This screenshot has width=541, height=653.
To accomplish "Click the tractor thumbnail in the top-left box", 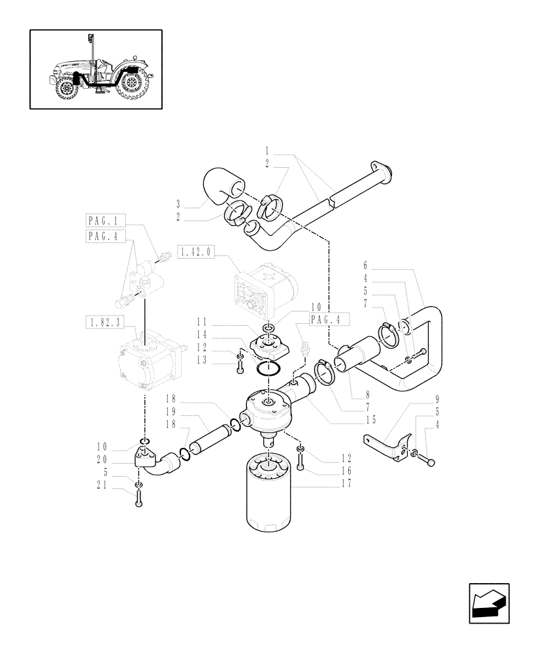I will tap(95, 69).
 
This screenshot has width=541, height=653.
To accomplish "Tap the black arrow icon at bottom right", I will tap(489, 603).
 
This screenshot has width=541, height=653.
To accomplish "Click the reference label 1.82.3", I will tap(105, 321).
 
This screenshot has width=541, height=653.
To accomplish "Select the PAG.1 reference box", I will tap(105, 220).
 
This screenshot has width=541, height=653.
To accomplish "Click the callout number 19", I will tap(172, 412).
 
